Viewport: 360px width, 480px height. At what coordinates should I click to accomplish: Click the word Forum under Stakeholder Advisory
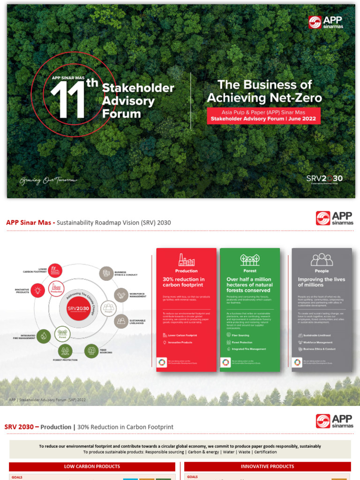(x=121, y=113)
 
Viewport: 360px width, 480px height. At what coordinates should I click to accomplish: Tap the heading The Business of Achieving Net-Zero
(x=264, y=91)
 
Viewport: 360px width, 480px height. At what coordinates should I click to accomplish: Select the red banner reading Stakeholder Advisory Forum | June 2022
(x=264, y=119)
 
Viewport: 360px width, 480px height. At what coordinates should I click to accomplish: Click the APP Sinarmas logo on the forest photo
(x=325, y=22)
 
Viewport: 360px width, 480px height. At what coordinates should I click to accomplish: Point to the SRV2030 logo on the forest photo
(x=324, y=179)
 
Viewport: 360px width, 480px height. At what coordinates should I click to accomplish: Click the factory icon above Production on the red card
(x=186, y=260)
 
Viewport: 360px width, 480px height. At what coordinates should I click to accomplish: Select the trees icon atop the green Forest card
(x=250, y=260)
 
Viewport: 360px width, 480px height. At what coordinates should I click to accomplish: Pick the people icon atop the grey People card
(x=322, y=260)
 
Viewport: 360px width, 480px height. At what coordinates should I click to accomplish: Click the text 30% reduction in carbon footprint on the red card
(x=184, y=282)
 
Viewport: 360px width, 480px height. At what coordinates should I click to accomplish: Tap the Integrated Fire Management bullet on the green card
(x=248, y=349)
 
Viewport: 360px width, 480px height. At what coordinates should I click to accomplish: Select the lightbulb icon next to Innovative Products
(x=37, y=290)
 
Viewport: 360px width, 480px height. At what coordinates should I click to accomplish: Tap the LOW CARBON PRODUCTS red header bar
(x=92, y=466)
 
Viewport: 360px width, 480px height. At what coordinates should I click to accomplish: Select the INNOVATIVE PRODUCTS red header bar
(x=267, y=466)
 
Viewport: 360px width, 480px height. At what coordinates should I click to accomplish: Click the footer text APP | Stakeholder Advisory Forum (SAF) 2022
(x=47, y=400)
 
